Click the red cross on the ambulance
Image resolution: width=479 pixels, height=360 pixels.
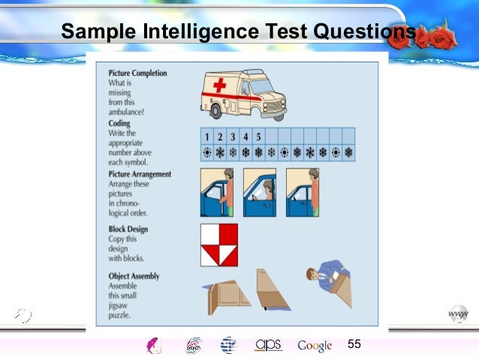(x=220, y=86)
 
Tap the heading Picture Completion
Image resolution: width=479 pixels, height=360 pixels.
(x=138, y=73)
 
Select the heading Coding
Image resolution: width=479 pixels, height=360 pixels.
(x=119, y=123)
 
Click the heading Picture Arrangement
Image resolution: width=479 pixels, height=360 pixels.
(x=140, y=174)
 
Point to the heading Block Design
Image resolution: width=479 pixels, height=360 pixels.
(x=128, y=229)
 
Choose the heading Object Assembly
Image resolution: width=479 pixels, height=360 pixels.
(x=134, y=276)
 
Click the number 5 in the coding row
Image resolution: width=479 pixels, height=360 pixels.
(x=259, y=137)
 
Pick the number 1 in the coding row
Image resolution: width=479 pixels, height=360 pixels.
(x=206, y=137)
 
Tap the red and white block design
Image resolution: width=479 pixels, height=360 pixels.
(x=218, y=244)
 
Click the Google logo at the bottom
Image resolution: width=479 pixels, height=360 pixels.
(x=315, y=346)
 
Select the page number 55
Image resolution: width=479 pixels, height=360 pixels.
(x=354, y=343)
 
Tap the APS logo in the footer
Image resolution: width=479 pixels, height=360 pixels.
(x=268, y=344)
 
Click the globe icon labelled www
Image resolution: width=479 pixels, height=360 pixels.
(x=458, y=314)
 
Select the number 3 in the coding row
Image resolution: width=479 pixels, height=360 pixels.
(x=233, y=137)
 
